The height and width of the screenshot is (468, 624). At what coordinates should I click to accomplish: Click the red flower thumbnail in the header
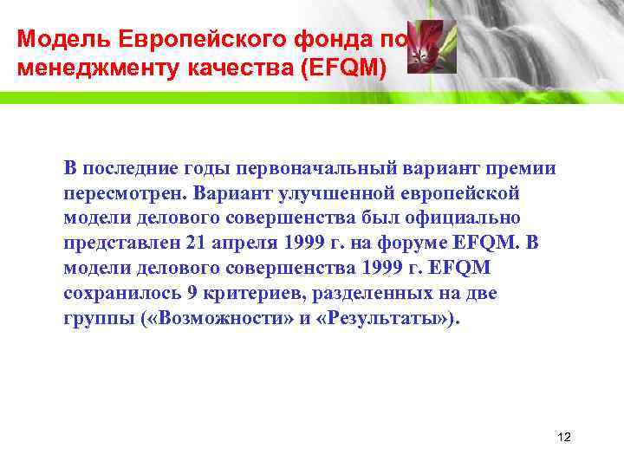[x=425, y=47]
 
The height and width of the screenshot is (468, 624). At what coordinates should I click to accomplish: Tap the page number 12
[x=564, y=437]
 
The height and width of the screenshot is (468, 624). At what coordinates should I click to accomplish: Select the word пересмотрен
[x=125, y=192]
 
